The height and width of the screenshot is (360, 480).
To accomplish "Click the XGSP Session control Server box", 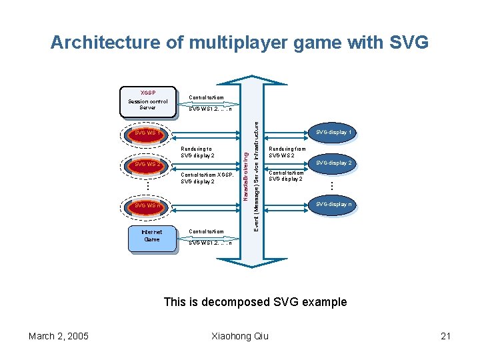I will point(148,101).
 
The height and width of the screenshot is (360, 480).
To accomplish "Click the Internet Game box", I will point(152,235).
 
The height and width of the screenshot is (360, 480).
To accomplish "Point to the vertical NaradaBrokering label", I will point(245,175).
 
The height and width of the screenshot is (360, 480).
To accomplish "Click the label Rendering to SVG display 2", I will point(197,152).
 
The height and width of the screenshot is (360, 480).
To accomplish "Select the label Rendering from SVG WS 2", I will point(287,152).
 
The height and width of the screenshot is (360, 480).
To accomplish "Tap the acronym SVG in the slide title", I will point(407,43).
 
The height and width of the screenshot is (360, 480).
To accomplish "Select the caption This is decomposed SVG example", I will point(255,302).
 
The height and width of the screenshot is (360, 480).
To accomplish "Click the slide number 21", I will point(445,335).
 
